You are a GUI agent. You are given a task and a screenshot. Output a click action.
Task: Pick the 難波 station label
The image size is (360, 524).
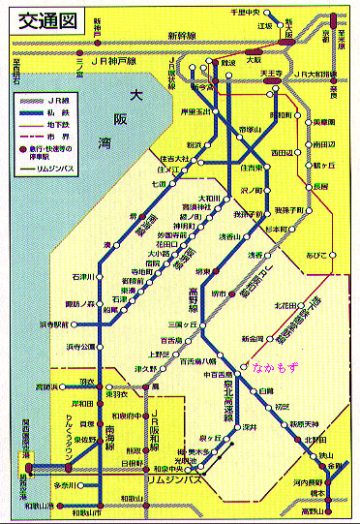click(x=229, y=61)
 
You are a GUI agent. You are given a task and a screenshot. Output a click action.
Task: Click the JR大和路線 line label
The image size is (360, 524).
click(x=318, y=74)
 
